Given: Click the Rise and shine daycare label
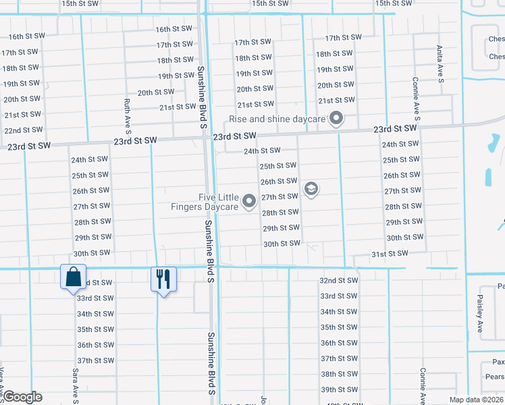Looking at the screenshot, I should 277,119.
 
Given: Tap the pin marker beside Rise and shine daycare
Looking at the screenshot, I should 336,120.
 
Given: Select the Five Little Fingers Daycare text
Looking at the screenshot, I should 218,202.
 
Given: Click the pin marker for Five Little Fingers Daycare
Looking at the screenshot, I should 249,201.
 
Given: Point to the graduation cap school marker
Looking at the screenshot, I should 311,189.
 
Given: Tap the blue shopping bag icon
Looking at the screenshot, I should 72,277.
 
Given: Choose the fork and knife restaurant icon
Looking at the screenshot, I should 163,277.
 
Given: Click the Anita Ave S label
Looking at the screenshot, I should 440,65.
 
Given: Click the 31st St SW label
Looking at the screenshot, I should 390,253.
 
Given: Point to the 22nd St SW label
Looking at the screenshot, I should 23,130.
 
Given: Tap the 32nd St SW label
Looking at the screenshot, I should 338,280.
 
